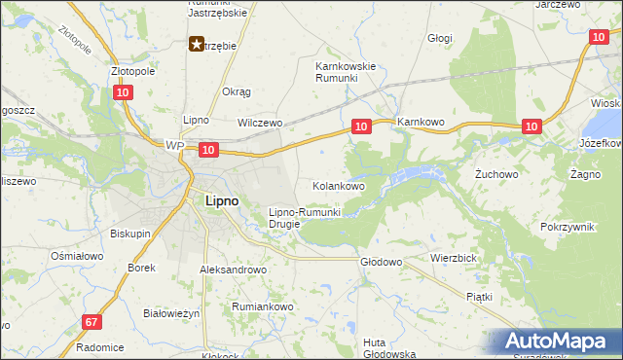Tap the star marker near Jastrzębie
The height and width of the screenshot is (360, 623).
click(x=196, y=44)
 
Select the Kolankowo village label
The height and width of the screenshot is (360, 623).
click(x=338, y=185)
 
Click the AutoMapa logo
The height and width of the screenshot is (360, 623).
click(x=558, y=342)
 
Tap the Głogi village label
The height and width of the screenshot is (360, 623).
click(x=441, y=38)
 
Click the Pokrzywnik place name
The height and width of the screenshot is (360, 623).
click(x=567, y=226)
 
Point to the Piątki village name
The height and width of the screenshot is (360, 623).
click(x=479, y=296)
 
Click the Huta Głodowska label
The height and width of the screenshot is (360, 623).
click(x=388, y=347)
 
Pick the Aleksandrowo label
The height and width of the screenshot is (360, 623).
click(x=233, y=270)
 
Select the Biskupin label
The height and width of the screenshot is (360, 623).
click(x=130, y=234)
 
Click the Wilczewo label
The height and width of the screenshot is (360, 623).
click(x=260, y=124)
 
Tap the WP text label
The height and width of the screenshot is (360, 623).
click(x=174, y=146)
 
